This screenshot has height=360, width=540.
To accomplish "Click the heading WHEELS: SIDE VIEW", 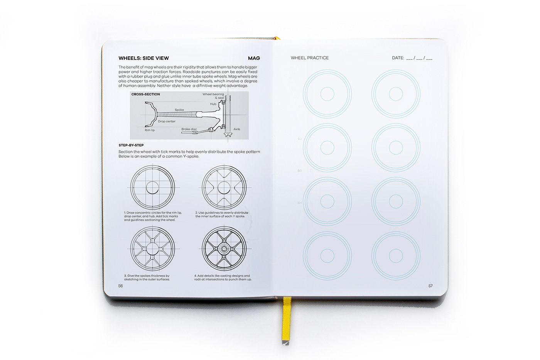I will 143,58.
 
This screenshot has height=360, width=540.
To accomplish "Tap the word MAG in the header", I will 254,58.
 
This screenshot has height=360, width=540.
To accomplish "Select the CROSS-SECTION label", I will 145,94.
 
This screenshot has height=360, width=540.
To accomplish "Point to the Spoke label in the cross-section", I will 179,110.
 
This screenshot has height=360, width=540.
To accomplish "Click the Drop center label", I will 167,121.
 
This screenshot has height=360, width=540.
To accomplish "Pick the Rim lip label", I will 150,130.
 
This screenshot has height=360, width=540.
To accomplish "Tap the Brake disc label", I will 189,129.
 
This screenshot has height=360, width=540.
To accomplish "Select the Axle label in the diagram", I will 237,129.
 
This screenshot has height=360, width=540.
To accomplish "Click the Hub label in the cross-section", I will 213,104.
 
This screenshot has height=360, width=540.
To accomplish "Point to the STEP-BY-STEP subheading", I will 131,145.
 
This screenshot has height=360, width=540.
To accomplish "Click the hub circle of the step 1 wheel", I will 152,188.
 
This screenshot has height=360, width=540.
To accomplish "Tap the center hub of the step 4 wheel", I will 224,248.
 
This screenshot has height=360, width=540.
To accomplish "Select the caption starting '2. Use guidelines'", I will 222,215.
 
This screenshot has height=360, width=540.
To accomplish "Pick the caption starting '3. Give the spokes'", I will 147,277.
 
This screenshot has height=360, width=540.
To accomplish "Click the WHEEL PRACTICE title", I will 310,58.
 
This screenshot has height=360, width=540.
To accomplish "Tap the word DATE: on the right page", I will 398,58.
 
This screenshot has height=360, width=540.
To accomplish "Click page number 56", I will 120,286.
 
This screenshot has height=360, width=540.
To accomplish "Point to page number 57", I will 430,286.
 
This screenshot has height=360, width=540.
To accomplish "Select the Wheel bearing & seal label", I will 213,96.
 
